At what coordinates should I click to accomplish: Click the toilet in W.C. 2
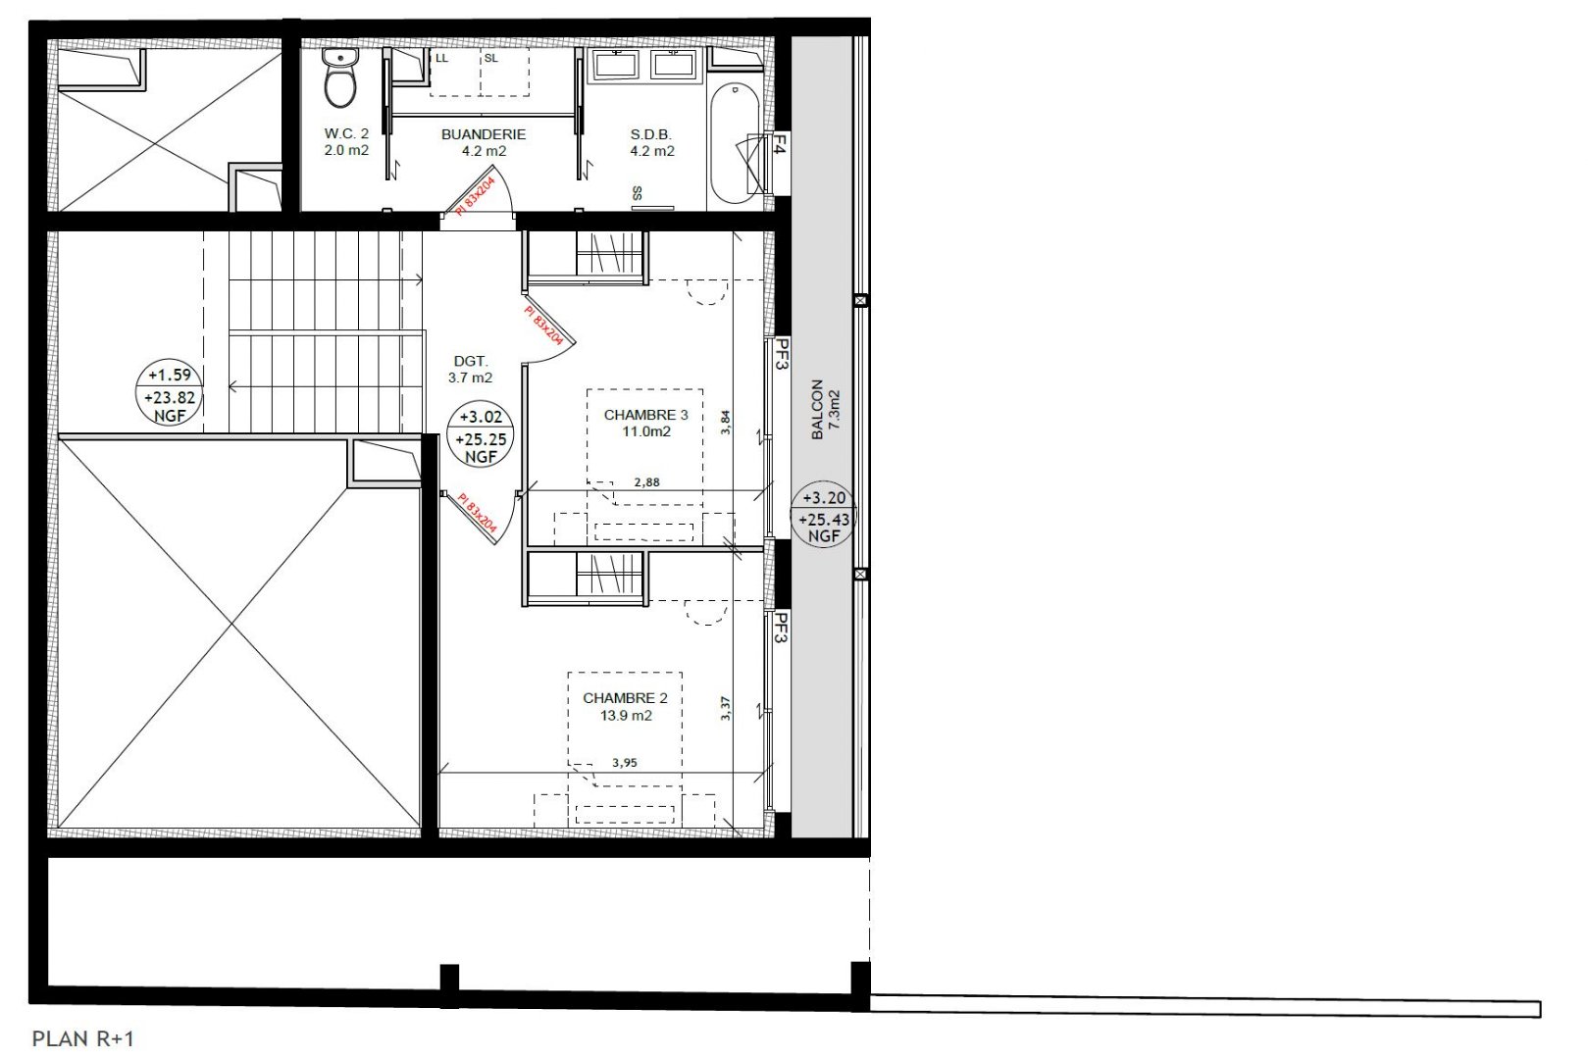pos(340,77)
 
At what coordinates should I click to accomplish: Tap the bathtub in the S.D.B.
pos(736,144)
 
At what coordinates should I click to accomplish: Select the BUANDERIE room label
pos(484,134)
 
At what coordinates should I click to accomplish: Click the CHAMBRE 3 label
pos(645,416)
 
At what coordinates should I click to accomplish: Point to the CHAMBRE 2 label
pos(625,698)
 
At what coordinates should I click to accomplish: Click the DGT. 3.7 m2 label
pos(470,370)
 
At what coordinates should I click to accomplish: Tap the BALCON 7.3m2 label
pos(825,410)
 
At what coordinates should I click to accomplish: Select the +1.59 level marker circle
pos(170,391)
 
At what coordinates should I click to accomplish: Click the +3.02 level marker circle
pos(481,433)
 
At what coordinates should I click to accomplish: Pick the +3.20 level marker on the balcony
pos(824,515)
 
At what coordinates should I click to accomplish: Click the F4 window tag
pos(780,145)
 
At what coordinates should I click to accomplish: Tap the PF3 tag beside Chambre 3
pos(782,354)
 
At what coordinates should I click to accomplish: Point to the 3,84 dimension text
pos(725,423)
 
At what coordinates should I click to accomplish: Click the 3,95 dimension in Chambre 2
pos(625,763)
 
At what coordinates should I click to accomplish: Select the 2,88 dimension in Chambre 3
pos(646,482)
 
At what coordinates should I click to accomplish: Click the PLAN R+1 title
pos(83,1039)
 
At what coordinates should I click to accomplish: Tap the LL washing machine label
pos(441,58)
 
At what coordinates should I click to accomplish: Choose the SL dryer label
pos(491,58)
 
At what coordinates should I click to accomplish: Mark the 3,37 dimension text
pos(725,708)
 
